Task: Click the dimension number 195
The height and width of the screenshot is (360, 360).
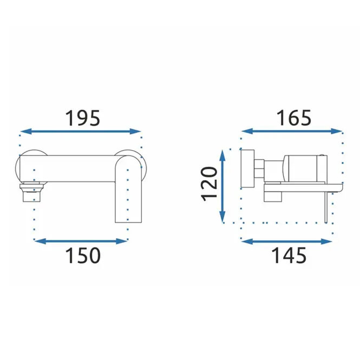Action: [83, 118]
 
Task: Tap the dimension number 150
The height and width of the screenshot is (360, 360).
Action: [83, 256]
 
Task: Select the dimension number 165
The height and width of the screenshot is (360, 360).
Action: [294, 118]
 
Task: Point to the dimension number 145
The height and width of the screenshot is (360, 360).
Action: [289, 256]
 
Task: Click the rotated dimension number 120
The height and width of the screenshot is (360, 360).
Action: [209, 184]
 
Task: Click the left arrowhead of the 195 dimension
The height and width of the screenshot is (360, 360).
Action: [26, 132]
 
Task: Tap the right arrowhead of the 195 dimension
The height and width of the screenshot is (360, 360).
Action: [135, 132]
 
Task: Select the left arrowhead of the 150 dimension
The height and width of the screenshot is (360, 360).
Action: [40, 241]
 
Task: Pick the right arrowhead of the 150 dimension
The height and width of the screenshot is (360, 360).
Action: [122, 241]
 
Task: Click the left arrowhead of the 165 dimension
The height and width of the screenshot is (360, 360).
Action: [247, 132]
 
